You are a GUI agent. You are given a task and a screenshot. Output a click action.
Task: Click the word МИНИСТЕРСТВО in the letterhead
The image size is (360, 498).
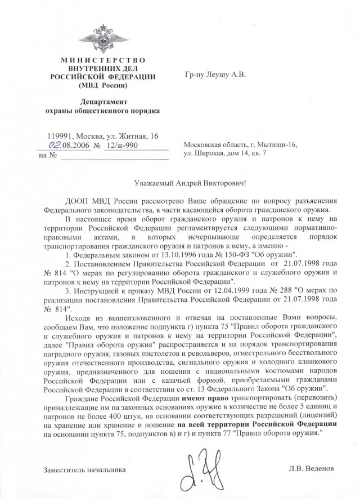(x=102, y=60)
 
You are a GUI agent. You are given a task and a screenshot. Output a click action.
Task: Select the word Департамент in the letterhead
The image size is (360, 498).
(x=102, y=101)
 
